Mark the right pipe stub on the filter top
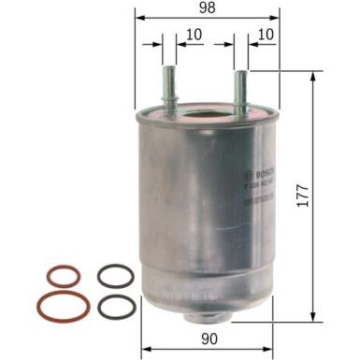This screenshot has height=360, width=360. click(240, 92)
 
